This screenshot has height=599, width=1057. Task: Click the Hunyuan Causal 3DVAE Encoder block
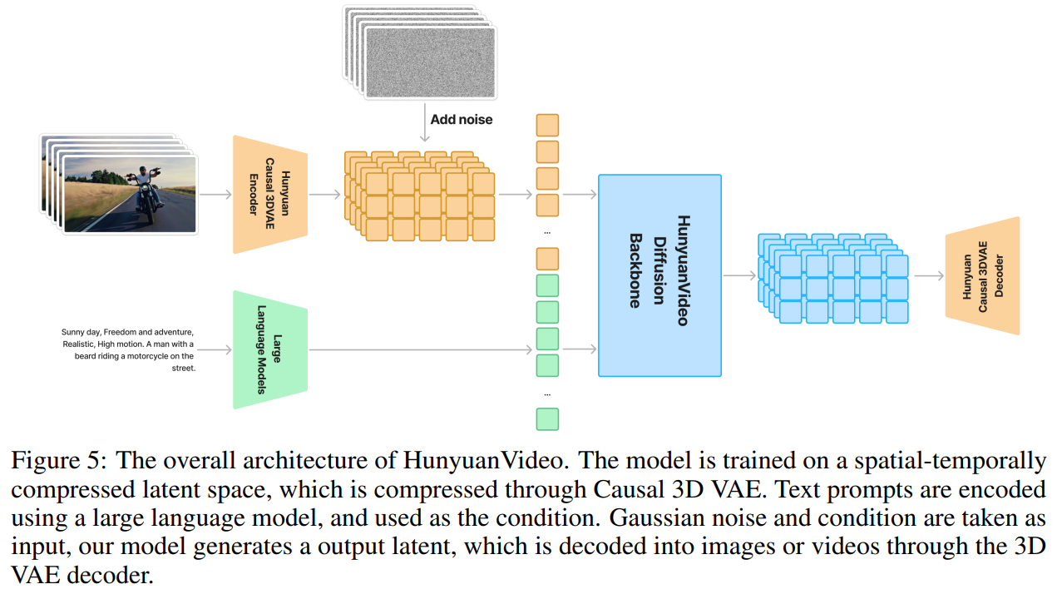click(x=270, y=194)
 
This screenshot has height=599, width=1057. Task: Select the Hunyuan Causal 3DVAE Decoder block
click(x=982, y=275)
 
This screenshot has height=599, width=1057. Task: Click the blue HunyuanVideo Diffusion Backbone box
click(x=659, y=275)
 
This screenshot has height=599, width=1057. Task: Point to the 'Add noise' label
click(x=461, y=120)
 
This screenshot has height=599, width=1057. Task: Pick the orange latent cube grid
click(x=419, y=196)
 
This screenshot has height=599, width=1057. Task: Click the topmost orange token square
click(x=547, y=125)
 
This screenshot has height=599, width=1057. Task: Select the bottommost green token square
click(x=547, y=418)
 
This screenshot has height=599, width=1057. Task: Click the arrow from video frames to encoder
click(x=215, y=195)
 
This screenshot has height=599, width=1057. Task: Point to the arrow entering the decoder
click(x=928, y=276)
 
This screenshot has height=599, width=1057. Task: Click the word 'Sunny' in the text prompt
click(x=72, y=332)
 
